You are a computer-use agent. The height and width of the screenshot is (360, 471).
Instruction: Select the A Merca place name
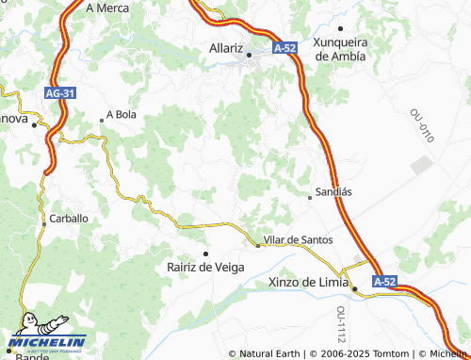tap(106, 7)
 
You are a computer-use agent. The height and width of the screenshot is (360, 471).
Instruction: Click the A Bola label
tap(122, 114)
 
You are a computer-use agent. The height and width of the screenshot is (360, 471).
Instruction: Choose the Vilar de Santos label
tap(299, 240)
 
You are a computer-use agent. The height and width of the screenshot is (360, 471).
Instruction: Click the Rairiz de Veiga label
tap(205, 267)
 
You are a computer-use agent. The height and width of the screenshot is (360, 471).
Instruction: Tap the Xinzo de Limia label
tap(309, 283)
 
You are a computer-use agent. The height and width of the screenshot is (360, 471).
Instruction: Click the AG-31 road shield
tap(60, 93)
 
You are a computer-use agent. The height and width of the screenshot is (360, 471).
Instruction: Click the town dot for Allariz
tap(249, 54)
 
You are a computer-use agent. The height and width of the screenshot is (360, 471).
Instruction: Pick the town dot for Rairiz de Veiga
tap(205, 254)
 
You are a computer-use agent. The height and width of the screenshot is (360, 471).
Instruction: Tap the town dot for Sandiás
tap(310, 197)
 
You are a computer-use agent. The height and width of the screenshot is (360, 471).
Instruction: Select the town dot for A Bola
tap(102, 120)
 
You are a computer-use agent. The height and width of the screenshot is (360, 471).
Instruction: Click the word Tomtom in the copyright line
tap(389, 353)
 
